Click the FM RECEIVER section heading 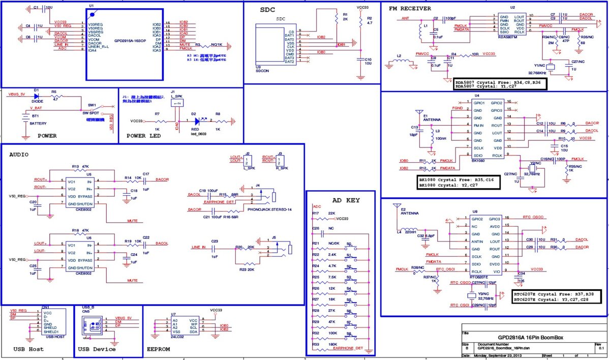coord(410,9)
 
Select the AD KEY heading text coord(346,200)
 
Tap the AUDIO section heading coord(19,154)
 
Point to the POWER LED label coord(144,136)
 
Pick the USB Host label coord(28,349)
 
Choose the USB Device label coord(97,349)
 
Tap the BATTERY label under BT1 coord(39,124)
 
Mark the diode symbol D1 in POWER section coord(36,95)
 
